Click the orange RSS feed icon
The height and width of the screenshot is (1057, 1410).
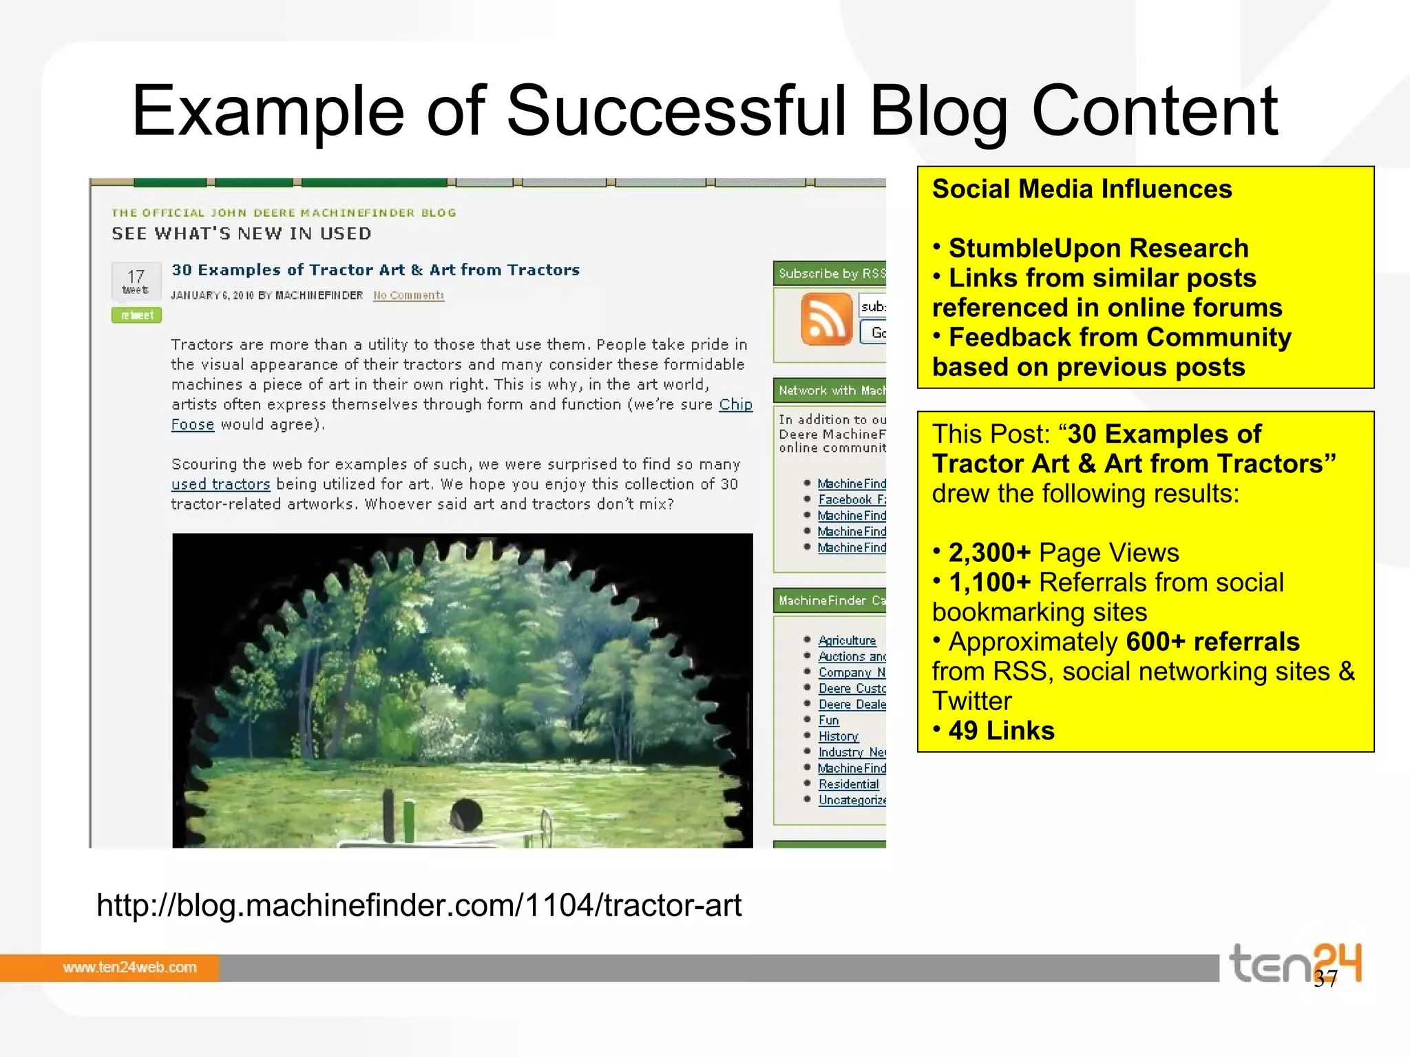[x=826, y=318]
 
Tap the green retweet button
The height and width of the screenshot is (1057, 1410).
[x=136, y=315]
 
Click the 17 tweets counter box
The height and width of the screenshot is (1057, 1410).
[x=136, y=280]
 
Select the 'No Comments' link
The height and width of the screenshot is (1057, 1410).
[x=408, y=295]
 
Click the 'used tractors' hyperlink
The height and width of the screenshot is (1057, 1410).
[x=220, y=484]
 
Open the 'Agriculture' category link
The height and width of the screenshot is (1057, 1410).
[x=847, y=640]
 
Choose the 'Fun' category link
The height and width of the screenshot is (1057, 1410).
[x=828, y=720]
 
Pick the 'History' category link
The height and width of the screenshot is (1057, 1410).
[x=838, y=736]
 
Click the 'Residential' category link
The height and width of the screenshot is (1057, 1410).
[x=848, y=784]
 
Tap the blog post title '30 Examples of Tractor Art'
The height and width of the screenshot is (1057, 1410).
[x=375, y=270]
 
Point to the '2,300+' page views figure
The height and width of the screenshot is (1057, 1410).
[x=989, y=553]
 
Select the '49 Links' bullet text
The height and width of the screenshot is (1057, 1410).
[x=1001, y=731]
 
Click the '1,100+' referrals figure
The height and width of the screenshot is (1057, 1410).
[x=989, y=583]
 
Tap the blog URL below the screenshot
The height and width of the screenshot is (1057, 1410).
[x=419, y=905]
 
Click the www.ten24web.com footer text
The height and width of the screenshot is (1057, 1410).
[x=129, y=967]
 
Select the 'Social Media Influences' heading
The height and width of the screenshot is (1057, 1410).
[x=1082, y=189]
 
